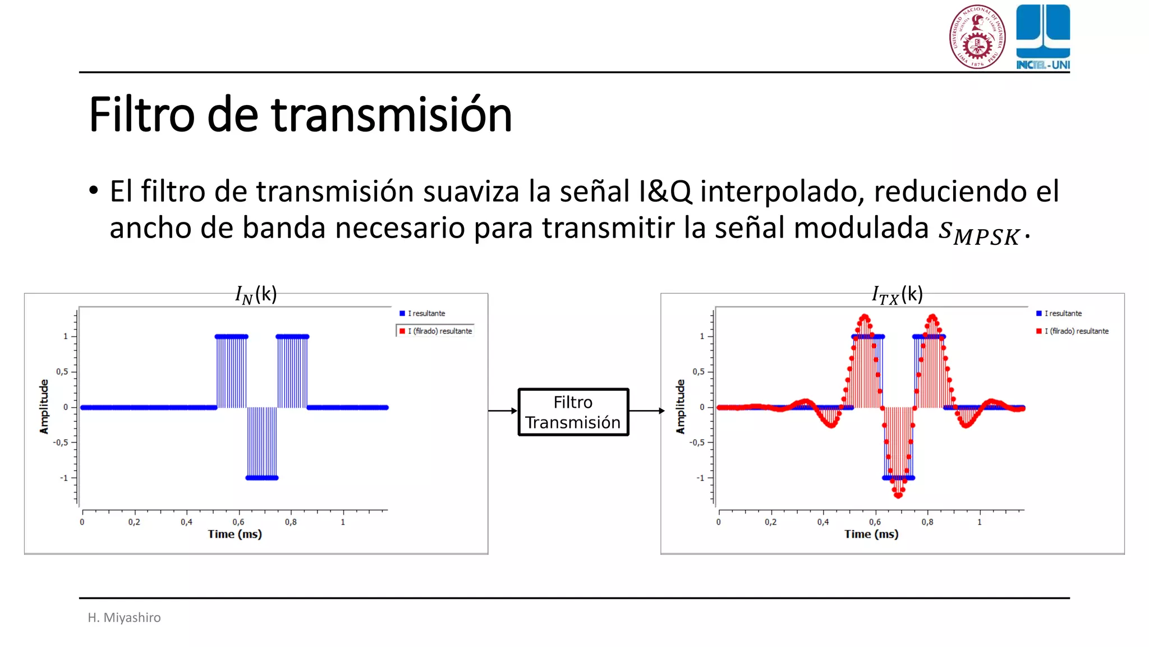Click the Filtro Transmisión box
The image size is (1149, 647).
pyautogui.click(x=573, y=412)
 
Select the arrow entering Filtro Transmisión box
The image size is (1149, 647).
pyautogui.click(x=503, y=411)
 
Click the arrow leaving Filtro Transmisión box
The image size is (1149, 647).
pyautogui.click(x=646, y=411)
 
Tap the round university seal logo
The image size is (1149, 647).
pyautogui.click(x=977, y=37)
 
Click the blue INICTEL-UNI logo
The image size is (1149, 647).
pyautogui.click(x=1042, y=37)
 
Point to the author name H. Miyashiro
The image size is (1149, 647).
pyautogui.click(x=124, y=617)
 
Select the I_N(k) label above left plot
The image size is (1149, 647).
pyautogui.click(x=256, y=294)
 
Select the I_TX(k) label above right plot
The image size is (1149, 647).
pyautogui.click(x=897, y=294)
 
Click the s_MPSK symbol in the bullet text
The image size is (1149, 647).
pyautogui.click(x=979, y=231)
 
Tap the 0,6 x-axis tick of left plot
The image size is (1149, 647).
pyautogui.click(x=238, y=522)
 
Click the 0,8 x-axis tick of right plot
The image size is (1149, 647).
pyautogui.click(x=927, y=522)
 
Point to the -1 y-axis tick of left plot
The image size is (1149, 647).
pyautogui.click(x=64, y=478)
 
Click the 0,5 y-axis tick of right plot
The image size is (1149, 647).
pyautogui.click(x=698, y=372)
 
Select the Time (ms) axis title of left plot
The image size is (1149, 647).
pyautogui.click(x=235, y=534)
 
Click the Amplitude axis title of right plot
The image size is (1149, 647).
pyautogui.click(x=681, y=407)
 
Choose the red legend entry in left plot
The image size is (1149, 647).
pyautogui.click(x=435, y=331)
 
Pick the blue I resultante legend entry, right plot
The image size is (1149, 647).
pyautogui.click(x=1059, y=313)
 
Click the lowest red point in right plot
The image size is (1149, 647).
pyautogui.click(x=898, y=496)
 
